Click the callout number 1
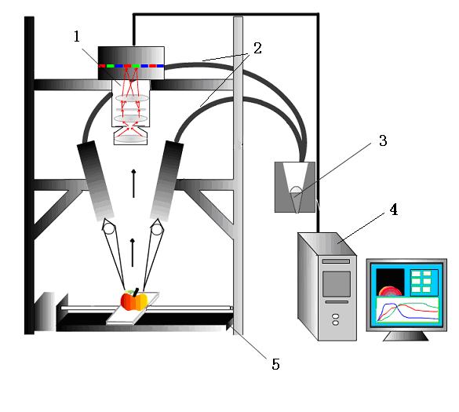click(77, 37)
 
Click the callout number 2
click(257, 48)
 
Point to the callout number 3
click(383, 140)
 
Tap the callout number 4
click(394, 210)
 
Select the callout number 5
click(275, 364)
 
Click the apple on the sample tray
click(134, 300)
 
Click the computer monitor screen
click(406, 295)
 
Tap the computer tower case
click(327, 286)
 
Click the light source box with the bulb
click(295, 187)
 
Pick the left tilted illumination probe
click(96, 180)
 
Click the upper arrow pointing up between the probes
click(133, 184)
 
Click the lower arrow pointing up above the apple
click(133, 253)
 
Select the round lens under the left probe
click(109, 228)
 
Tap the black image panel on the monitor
click(390, 282)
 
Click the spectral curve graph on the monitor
click(407, 310)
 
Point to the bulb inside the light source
click(296, 190)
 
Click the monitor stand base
click(406, 336)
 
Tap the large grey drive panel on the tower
click(337, 284)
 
